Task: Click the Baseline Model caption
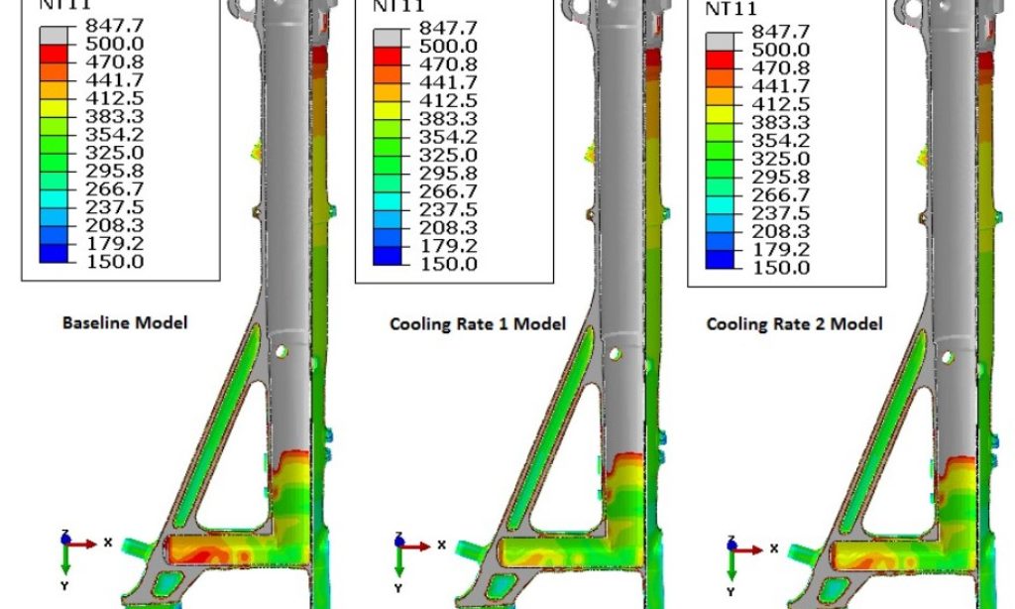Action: coord(124,322)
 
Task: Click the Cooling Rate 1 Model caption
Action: coord(477,323)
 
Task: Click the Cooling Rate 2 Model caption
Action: coord(794,324)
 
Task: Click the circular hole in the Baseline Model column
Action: coord(282,350)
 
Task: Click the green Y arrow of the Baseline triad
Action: coord(65,560)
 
